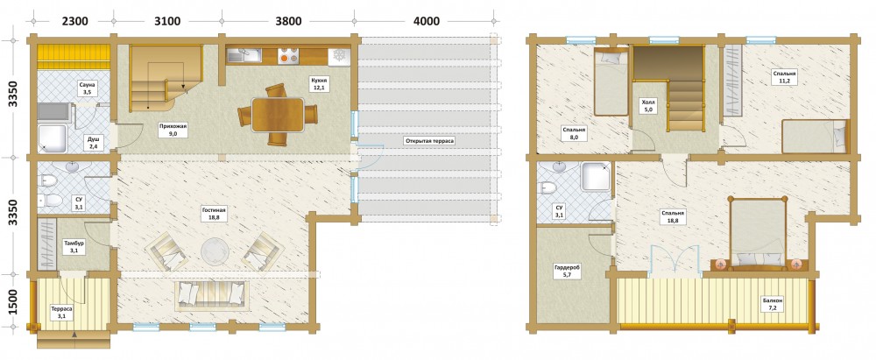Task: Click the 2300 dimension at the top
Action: click(x=74, y=22)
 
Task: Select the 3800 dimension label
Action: click(x=287, y=22)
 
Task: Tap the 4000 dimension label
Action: click(x=426, y=22)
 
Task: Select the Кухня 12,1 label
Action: click(x=320, y=84)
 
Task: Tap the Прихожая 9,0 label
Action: click(x=173, y=131)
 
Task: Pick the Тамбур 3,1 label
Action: click(x=74, y=247)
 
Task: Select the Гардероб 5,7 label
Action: click(x=567, y=272)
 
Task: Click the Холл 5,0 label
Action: click(x=648, y=106)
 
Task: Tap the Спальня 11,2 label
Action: click(x=784, y=76)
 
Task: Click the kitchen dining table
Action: click(x=278, y=115)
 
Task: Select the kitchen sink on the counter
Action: click(x=244, y=54)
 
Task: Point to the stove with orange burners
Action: click(x=288, y=55)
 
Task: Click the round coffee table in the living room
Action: click(x=215, y=251)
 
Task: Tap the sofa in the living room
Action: click(x=213, y=294)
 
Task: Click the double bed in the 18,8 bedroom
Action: click(x=759, y=233)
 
